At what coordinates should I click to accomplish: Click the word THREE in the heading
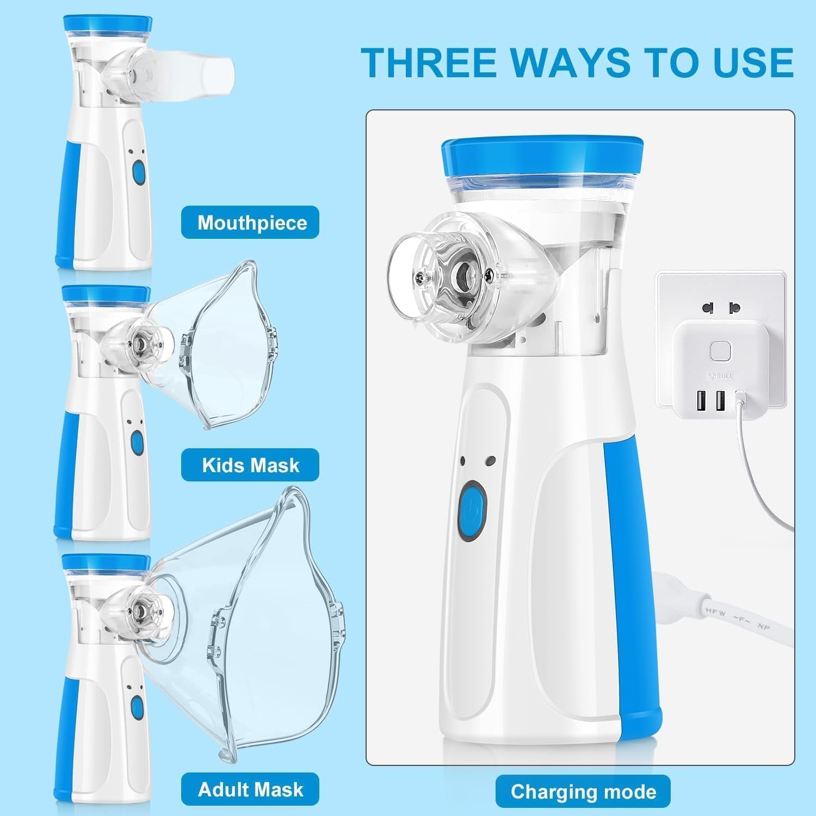pyautogui.click(x=429, y=63)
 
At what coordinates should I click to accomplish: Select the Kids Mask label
pyautogui.click(x=250, y=465)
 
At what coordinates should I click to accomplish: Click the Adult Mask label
pyautogui.click(x=250, y=789)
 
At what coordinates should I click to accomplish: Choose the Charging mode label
pyautogui.click(x=583, y=792)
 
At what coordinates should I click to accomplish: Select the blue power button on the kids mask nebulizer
pyautogui.click(x=137, y=443)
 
